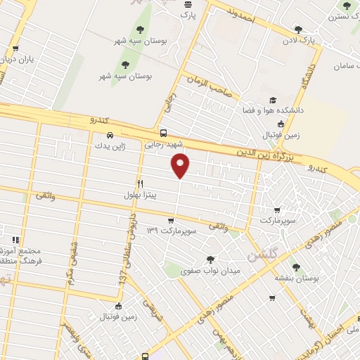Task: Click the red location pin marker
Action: [181, 167]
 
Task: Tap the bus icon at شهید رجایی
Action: [163, 133]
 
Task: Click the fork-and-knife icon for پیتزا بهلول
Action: [141, 184]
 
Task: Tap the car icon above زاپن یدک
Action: [109, 135]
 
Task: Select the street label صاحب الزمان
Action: [209, 86]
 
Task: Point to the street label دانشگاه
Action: [303, 88]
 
